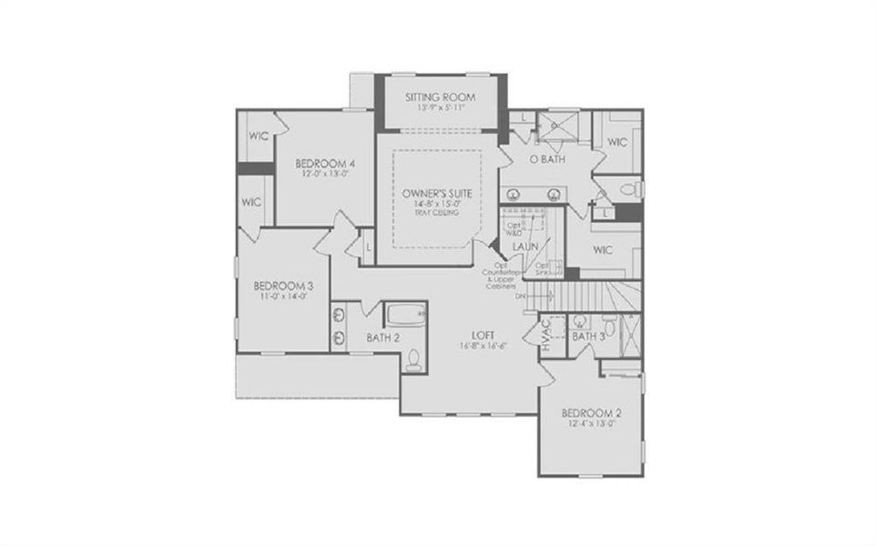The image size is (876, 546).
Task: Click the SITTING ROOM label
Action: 441,96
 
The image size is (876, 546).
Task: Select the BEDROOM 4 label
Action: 324,164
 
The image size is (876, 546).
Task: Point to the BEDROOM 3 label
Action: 282,287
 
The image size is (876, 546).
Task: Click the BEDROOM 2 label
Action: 591,410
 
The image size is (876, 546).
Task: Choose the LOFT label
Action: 484,334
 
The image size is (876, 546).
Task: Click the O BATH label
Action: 547,159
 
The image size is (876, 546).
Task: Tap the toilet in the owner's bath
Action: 627,189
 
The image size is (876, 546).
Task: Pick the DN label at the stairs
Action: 521,296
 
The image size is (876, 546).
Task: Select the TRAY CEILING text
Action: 437,213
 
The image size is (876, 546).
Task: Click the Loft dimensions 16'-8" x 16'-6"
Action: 484,346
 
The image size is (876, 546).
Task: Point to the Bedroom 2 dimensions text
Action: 591,422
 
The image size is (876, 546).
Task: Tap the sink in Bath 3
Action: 579,320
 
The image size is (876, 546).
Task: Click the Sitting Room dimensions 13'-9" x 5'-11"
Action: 441,107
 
